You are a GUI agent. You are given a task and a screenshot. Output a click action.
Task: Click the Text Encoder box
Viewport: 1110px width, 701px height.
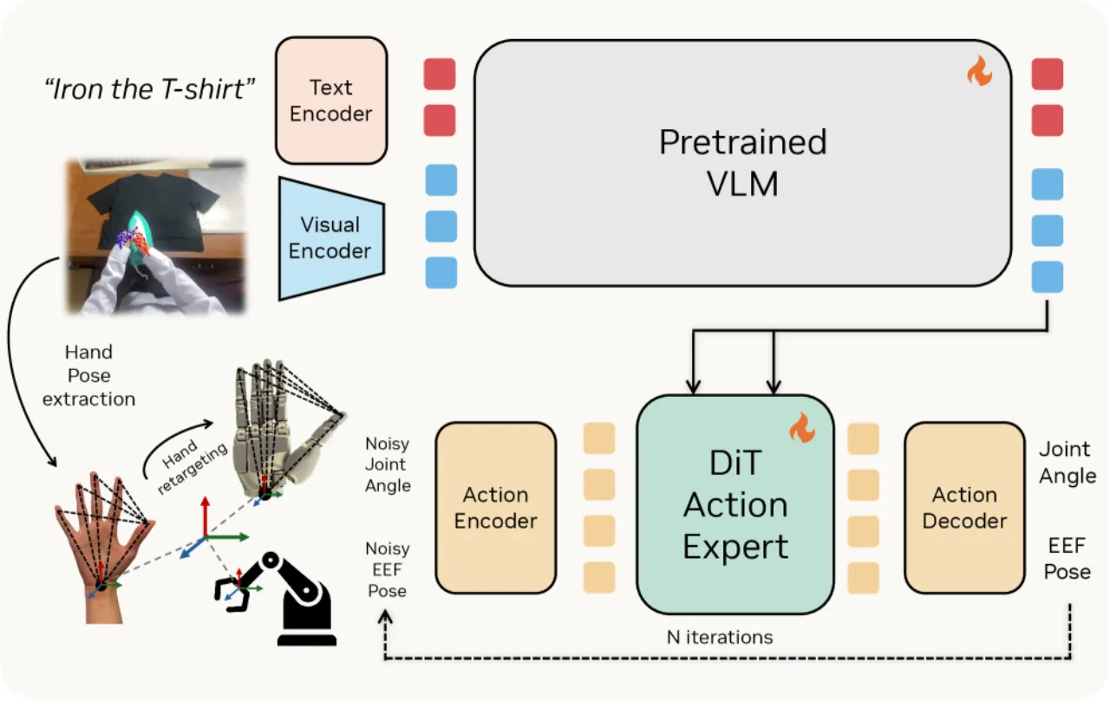point(331,101)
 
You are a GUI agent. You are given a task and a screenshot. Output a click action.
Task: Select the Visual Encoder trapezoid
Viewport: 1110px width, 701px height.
point(331,238)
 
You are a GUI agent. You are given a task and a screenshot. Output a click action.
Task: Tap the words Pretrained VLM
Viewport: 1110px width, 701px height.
point(743,162)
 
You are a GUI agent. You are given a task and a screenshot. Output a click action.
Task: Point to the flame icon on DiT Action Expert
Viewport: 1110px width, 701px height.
point(802,427)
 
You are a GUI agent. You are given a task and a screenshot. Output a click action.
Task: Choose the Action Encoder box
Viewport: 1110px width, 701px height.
point(495,508)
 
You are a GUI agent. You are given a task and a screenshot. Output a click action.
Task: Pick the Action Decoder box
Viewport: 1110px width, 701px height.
point(964,508)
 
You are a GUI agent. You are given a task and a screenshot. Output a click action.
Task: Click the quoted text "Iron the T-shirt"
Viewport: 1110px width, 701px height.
point(149,89)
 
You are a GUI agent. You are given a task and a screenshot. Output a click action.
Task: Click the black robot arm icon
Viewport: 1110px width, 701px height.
point(283,598)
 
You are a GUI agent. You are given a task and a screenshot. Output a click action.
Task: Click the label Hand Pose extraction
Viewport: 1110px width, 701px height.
point(88,375)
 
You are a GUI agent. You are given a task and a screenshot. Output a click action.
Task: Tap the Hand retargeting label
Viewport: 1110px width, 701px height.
point(193,465)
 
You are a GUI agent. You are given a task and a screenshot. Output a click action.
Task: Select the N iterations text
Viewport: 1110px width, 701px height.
point(720,637)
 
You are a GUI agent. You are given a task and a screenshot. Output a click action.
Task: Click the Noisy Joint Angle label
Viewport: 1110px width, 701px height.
point(388,464)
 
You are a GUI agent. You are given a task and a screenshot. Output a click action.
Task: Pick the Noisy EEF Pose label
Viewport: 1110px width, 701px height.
point(387,569)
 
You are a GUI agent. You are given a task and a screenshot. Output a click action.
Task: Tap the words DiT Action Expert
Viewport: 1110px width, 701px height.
point(735,505)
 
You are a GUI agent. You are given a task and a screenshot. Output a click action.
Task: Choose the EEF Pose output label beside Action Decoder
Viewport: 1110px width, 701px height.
point(1067,558)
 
